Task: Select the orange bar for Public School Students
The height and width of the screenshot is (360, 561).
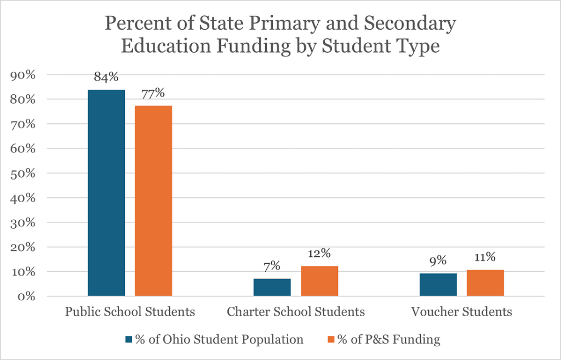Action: (x=153, y=201)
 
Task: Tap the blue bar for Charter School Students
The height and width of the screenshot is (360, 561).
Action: (x=272, y=287)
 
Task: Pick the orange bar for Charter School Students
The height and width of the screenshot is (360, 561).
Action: (x=319, y=281)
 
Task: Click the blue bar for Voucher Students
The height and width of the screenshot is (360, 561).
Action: (x=438, y=284)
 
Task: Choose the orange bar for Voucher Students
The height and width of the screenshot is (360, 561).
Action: (x=485, y=283)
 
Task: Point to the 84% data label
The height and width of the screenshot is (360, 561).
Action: (x=106, y=77)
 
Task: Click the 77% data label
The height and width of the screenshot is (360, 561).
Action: (x=153, y=93)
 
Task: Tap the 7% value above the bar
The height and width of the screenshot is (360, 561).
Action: (x=272, y=266)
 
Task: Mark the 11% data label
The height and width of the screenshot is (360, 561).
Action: (x=485, y=257)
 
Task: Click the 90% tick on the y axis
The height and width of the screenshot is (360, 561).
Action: (x=23, y=75)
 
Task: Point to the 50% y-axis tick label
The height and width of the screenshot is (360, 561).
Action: (x=23, y=174)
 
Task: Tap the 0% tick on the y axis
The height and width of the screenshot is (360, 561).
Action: (x=26, y=296)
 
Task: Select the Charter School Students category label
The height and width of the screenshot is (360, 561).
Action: (x=296, y=312)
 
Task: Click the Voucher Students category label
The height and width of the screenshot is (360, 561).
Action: (x=461, y=312)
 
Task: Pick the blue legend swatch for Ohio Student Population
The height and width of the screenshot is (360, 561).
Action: (x=129, y=340)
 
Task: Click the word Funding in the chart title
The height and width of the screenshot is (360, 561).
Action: (x=252, y=46)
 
